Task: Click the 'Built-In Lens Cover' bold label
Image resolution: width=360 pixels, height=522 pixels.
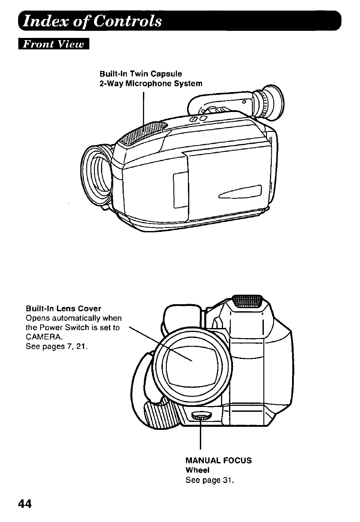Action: pyautogui.click(x=64, y=308)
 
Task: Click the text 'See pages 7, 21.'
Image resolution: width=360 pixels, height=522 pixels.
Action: pyautogui.click(x=56, y=346)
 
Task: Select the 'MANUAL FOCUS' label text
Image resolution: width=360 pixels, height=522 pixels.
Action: pyautogui.click(x=219, y=460)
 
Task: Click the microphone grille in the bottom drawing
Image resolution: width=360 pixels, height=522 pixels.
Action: pyautogui.click(x=247, y=302)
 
